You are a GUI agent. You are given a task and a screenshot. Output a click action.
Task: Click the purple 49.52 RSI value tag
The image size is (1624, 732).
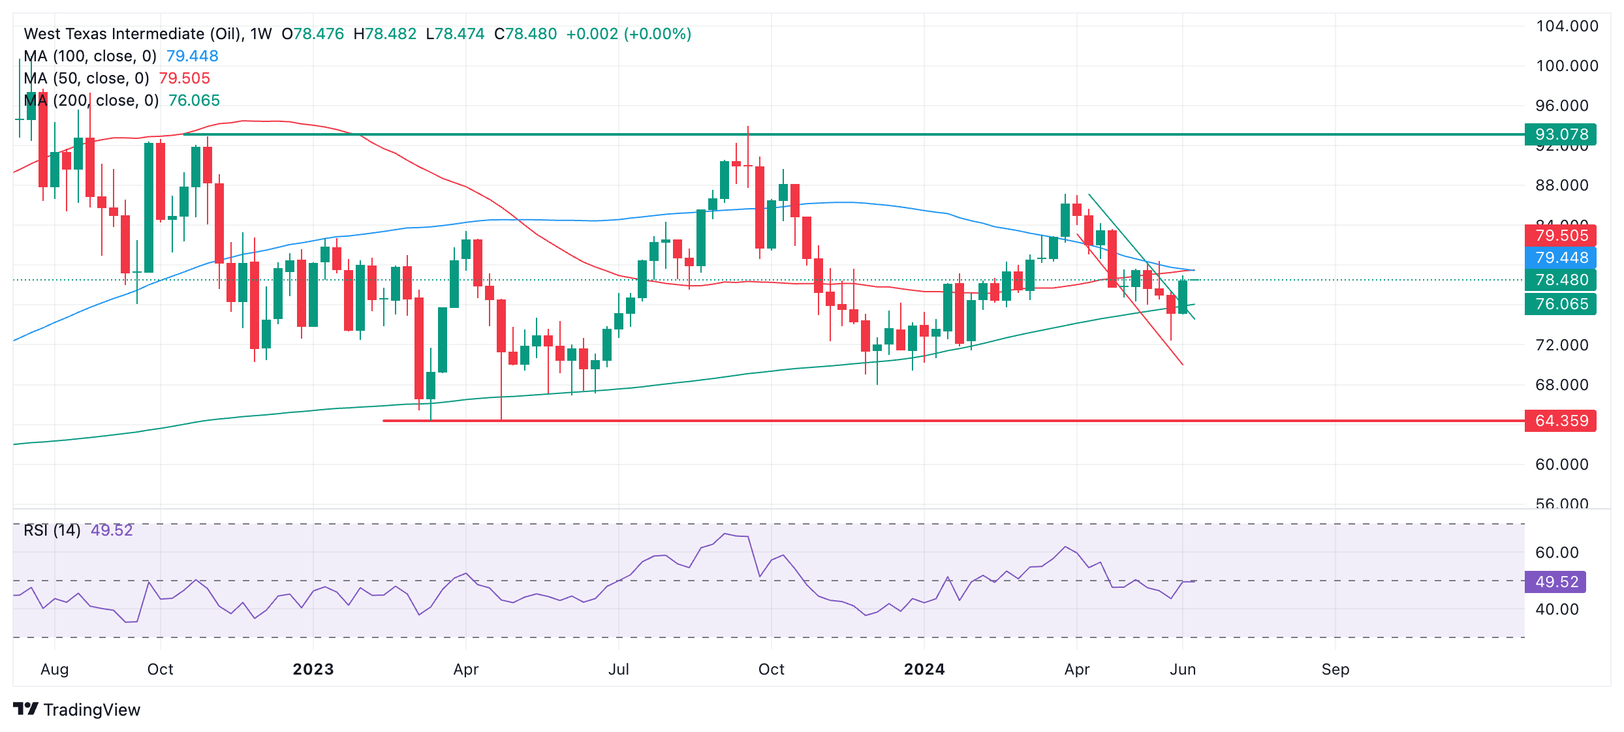pyautogui.click(x=1555, y=582)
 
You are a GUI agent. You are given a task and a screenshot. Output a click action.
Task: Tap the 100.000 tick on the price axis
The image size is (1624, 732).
pyautogui.click(x=1567, y=66)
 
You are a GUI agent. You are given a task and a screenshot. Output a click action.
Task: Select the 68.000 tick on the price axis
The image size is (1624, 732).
pyautogui.click(x=1561, y=385)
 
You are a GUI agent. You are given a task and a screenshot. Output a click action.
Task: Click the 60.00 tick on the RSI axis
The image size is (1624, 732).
pyautogui.click(x=1556, y=553)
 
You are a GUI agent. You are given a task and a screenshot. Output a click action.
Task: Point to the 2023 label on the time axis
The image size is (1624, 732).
pyautogui.click(x=313, y=669)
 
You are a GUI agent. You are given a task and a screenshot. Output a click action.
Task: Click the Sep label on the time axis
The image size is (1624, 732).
pyautogui.click(x=1335, y=669)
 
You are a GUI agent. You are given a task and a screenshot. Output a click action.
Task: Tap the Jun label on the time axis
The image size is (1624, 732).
pyautogui.click(x=1182, y=669)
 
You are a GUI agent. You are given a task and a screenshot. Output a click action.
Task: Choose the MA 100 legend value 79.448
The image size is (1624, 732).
pyautogui.click(x=192, y=56)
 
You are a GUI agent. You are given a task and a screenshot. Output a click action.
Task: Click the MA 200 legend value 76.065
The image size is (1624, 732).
pyautogui.click(x=194, y=100)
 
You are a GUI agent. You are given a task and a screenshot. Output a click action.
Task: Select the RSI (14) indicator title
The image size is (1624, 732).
pyautogui.click(x=52, y=530)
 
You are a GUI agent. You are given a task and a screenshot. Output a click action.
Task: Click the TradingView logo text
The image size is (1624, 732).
pyautogui.click(x=91, y=710)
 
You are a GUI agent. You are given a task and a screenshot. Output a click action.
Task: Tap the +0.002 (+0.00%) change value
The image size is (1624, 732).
pyautogui.click(x=628, y=34)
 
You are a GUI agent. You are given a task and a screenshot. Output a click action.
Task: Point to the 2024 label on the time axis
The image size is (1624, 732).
pyautogui.click(x=924, y=669)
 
